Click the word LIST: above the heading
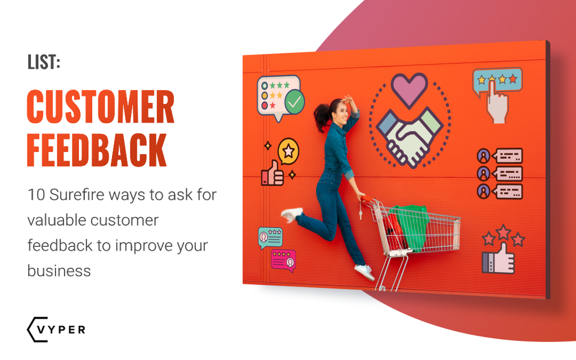43,62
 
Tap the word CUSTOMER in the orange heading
101,107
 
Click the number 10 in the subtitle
35,195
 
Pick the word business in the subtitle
58,271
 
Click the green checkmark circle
294,102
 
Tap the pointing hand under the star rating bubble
497,104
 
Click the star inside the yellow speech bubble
289,150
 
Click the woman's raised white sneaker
291,214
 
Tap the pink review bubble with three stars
283,260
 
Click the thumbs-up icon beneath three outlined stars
497,259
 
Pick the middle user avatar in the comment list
483,173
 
